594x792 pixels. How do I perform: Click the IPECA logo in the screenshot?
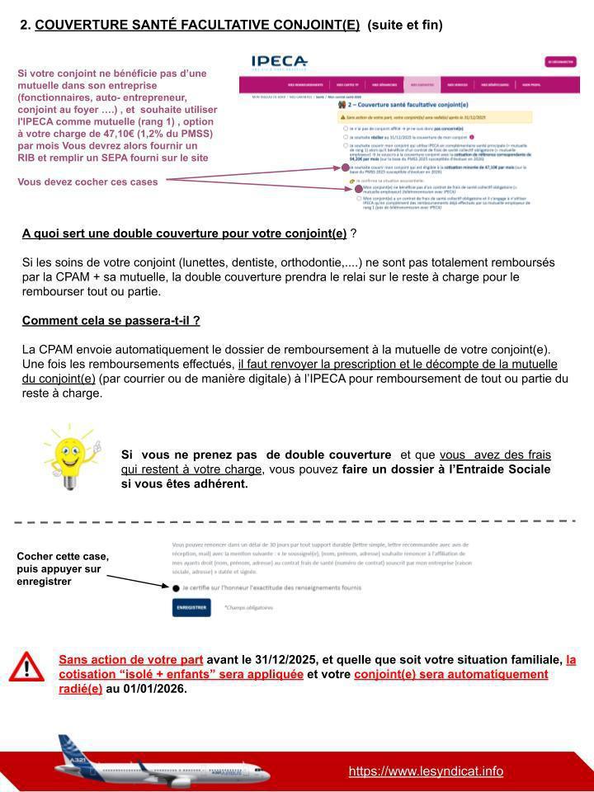point(279,61)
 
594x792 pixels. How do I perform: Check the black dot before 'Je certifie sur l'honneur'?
point(176,587)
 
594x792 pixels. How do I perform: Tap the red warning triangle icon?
point(28,667)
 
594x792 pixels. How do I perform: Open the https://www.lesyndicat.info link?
point(426,771)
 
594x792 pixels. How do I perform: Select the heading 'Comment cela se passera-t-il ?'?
point(111,320)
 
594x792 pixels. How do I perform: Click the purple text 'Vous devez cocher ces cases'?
point(87,181)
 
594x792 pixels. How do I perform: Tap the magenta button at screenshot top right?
point(560,62)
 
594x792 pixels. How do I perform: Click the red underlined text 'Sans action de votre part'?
point(130,660)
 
